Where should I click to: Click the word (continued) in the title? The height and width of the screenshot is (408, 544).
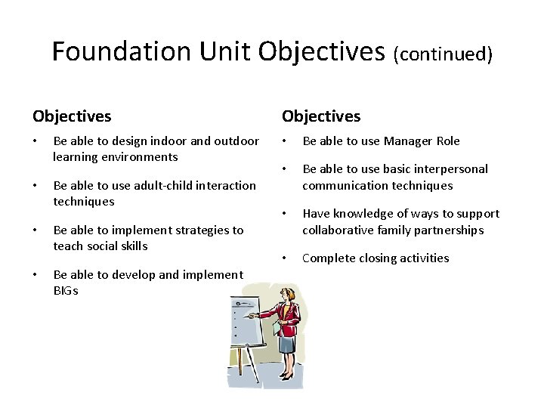click(443, 54)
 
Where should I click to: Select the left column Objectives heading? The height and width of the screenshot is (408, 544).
click(72, 116)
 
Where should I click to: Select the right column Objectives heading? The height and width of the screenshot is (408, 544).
click(321, 116)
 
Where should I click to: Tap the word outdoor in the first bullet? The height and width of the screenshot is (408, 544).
click(236, 141)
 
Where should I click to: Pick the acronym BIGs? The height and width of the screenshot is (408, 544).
click(66, 291)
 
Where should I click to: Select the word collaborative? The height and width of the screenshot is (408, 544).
click(338, 230)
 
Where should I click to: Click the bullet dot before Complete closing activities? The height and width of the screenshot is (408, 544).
click(285, 258)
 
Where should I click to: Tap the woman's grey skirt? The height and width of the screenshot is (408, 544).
click(287, 345)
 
